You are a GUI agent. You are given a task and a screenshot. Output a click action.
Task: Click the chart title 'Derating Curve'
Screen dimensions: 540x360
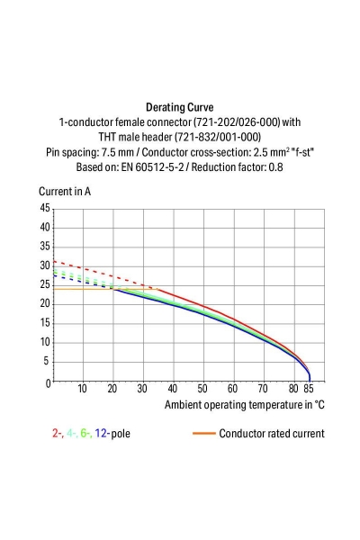coord(179,106)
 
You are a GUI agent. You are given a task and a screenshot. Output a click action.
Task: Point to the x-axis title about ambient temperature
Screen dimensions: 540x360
coord(244,405)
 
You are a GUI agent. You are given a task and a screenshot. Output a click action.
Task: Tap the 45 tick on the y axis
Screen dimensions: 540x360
coord(45,208)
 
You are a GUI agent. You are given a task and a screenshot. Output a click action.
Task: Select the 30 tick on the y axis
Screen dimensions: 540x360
coord(45,265)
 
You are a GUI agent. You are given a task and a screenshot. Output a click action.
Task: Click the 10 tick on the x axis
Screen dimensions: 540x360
coord(83,389)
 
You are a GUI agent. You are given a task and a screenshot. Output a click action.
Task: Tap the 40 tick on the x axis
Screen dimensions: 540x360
coord(173,389)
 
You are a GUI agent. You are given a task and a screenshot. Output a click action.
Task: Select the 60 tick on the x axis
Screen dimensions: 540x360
coord(233,389)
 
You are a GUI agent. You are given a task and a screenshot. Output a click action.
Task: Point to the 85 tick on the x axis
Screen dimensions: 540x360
coord(309,389)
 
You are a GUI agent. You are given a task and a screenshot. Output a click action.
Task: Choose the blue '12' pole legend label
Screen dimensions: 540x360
coord(102,433)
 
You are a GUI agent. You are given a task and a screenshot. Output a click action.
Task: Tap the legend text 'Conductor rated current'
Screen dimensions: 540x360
coord(271,433)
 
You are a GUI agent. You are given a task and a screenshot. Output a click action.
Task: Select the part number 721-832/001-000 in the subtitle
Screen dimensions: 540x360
coord(218,137)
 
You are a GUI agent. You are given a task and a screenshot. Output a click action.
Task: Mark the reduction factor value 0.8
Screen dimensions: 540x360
coord(275,167)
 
